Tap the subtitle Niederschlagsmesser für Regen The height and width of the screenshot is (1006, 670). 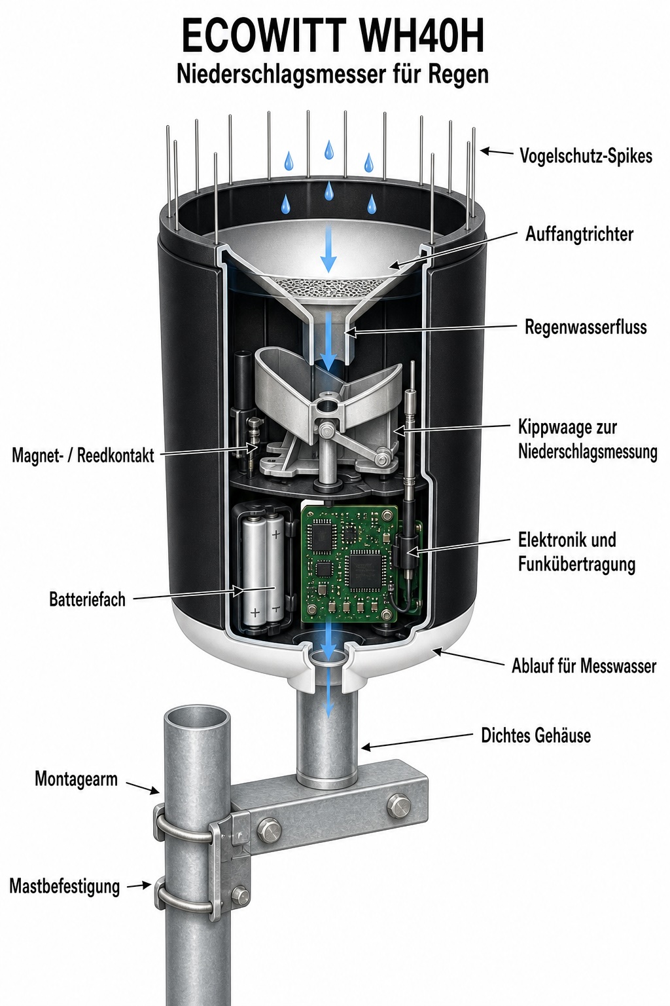click(x=332, y=75)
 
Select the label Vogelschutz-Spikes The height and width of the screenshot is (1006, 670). click(x=586, y=156)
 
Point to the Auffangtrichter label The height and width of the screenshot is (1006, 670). click(x=579, y=234)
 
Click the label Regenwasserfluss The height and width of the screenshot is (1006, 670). click(x=586, y=327)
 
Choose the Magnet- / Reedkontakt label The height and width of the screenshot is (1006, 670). click(x=83, y=455)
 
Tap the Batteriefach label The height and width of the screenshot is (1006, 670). click(x=88, y=599)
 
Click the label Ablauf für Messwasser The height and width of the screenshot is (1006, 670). click(x=584, y=665)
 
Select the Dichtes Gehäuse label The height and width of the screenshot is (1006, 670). click(x=536, y=736)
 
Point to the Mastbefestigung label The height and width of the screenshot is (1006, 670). click(x=65, y=887)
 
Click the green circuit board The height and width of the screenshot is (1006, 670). click(x=349, y=563)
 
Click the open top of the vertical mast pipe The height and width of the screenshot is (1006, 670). click(x=196, y=719)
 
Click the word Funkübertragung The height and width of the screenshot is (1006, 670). click(x=576, y=565)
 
